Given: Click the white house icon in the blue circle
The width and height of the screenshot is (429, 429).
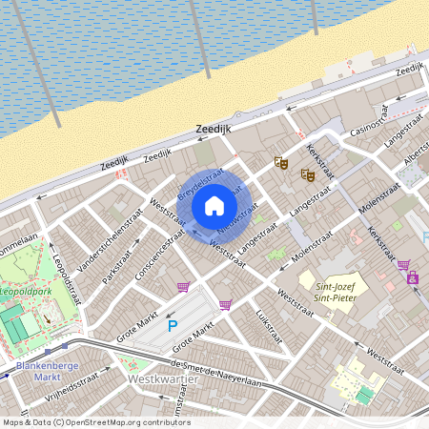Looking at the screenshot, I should point(214,204).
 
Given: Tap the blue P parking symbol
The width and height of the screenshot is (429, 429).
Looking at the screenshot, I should point(173,326).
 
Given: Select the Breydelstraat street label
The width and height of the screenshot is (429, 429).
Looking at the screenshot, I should point(200,183).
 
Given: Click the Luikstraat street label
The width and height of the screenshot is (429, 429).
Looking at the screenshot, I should point(269,323).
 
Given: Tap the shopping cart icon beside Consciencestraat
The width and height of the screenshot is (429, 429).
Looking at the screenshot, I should point(182,286).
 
